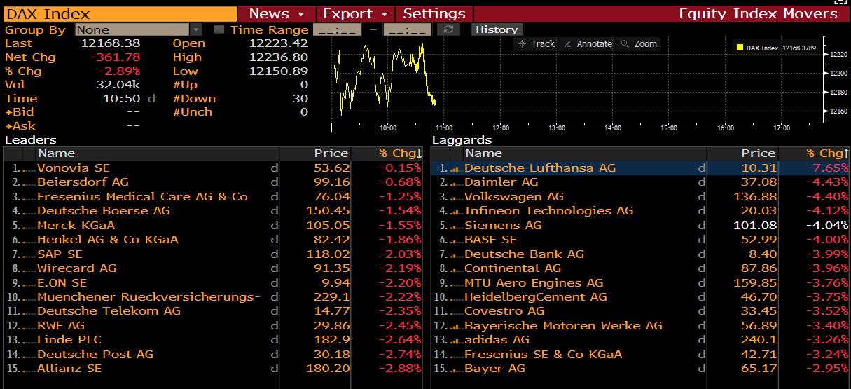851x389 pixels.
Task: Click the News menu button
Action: point(276,14)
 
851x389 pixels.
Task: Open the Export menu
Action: point(355,14)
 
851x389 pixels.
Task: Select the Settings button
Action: point(434,14)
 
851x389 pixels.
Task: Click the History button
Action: point(497,29)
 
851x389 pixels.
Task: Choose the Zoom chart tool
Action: point(639,44)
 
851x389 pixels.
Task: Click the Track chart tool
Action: point(537,44)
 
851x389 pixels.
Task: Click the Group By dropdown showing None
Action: point(138,29)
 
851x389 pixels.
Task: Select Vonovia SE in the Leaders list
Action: point(74,168)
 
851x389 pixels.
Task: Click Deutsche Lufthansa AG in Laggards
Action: point(540,168)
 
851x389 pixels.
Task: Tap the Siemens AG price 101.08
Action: point(755,226)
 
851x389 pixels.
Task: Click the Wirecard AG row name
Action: point(77,268)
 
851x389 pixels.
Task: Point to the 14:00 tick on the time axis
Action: point(613,128)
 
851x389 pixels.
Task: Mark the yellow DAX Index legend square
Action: point(740,48)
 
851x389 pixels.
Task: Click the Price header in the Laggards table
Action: point(758,153)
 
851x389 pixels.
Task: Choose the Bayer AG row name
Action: point(494,369)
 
